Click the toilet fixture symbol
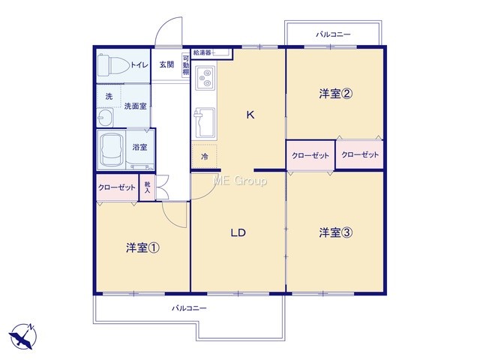tap(113, 65)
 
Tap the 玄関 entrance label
tap(166, 64)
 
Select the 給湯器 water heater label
tap(202, 53)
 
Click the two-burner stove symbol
tap(205, 77)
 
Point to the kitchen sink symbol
tap(204, 122)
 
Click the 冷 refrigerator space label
tap(205, 157)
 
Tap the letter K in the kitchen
tap(250, 115)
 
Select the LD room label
tap(238, 233)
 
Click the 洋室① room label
tap(142, 247)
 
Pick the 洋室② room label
tap(335, 94)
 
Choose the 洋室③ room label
tap(335, 232)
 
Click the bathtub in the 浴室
tap(111, 150)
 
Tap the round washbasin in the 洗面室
tap(105, 118)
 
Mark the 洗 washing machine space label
tap(109, 97)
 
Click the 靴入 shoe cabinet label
tap(147, 187)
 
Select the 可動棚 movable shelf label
tap(186, 65)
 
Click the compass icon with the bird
tap(23, 336)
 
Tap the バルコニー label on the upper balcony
tap(333, 34)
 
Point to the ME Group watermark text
tap(240, 181)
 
